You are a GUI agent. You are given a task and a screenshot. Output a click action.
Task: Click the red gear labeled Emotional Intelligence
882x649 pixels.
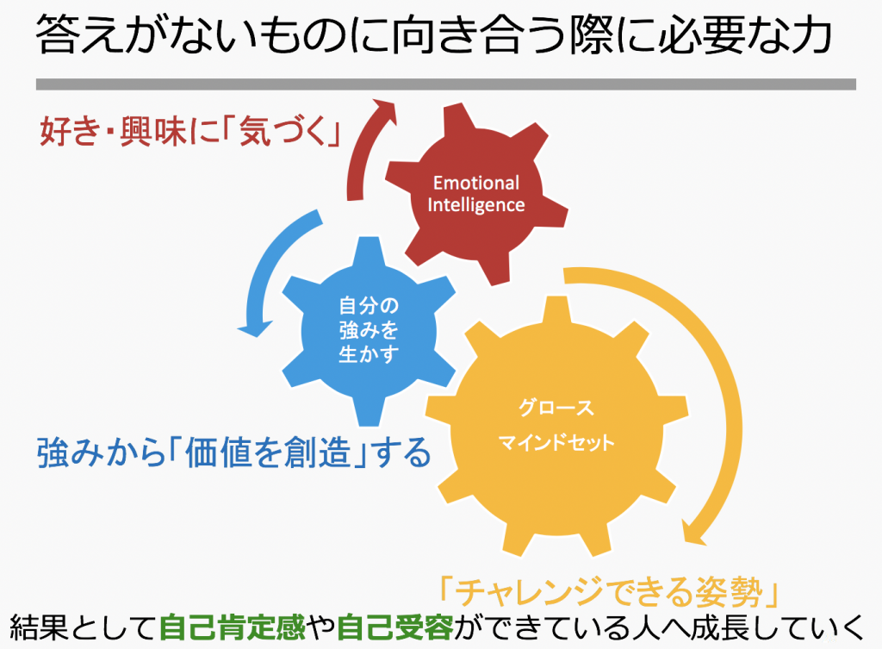point(476,194)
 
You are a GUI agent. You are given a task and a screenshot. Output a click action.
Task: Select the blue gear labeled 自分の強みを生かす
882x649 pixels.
point(369,331)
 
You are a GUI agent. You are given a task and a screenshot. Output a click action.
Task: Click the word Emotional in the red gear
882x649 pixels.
point(475,183)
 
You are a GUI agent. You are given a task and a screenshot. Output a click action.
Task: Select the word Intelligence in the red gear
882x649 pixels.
point(475,205)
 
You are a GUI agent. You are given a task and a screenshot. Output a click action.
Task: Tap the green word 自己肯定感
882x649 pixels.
point(233,627)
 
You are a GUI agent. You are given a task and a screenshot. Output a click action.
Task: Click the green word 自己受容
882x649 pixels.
point(394,627)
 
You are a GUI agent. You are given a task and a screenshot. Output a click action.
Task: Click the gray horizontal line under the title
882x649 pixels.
point(446,84)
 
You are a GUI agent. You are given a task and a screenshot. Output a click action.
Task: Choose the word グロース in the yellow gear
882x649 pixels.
point(556,408)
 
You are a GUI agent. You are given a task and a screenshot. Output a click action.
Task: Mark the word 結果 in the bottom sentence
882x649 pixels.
point(38,627)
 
